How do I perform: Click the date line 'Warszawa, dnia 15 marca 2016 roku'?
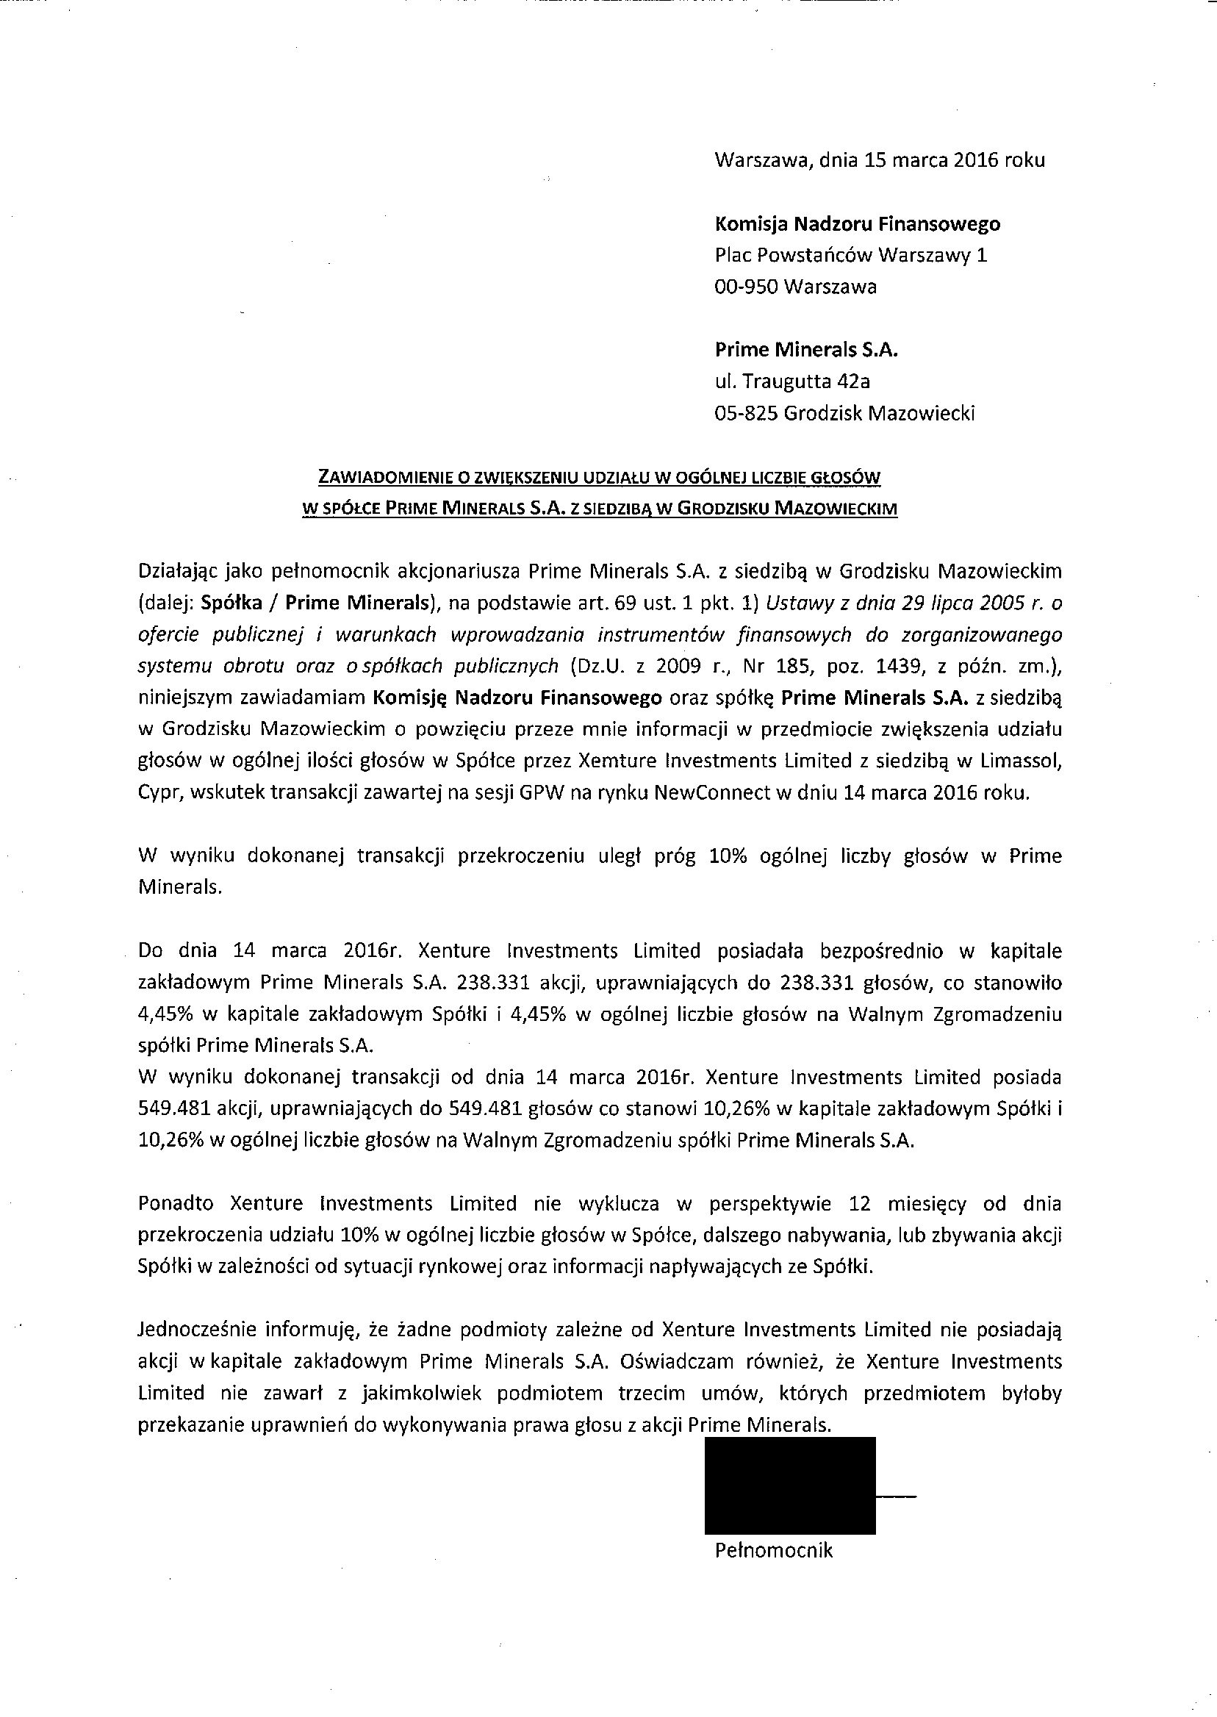pos(880,160)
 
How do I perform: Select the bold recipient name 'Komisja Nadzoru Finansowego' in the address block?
pos(858,223)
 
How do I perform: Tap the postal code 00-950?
pos(747,287)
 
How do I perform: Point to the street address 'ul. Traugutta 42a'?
pos(792,381)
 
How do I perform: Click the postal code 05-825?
pos(747,414)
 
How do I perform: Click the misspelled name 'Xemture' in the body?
pos(611,761)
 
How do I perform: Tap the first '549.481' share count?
pos(166,1109)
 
